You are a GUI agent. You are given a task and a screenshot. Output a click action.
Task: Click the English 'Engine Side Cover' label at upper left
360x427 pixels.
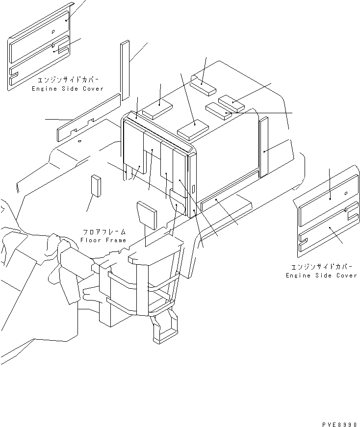[x=68, y=89]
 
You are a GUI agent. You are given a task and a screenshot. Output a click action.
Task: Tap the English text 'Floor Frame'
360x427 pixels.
[x=103, y=240]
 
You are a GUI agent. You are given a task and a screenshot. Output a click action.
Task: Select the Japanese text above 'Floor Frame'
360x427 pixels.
[x=104, y=232]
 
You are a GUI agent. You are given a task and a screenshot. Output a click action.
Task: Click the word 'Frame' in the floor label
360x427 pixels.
[x=115, y=240]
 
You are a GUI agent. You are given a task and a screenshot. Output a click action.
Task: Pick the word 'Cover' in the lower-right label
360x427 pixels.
[x=347, y=276]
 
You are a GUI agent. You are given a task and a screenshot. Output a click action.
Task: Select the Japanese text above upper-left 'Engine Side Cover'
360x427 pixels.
[x=68, y=80]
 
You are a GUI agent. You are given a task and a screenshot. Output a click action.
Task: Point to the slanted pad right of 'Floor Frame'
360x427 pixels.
[x=147, y=215]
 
